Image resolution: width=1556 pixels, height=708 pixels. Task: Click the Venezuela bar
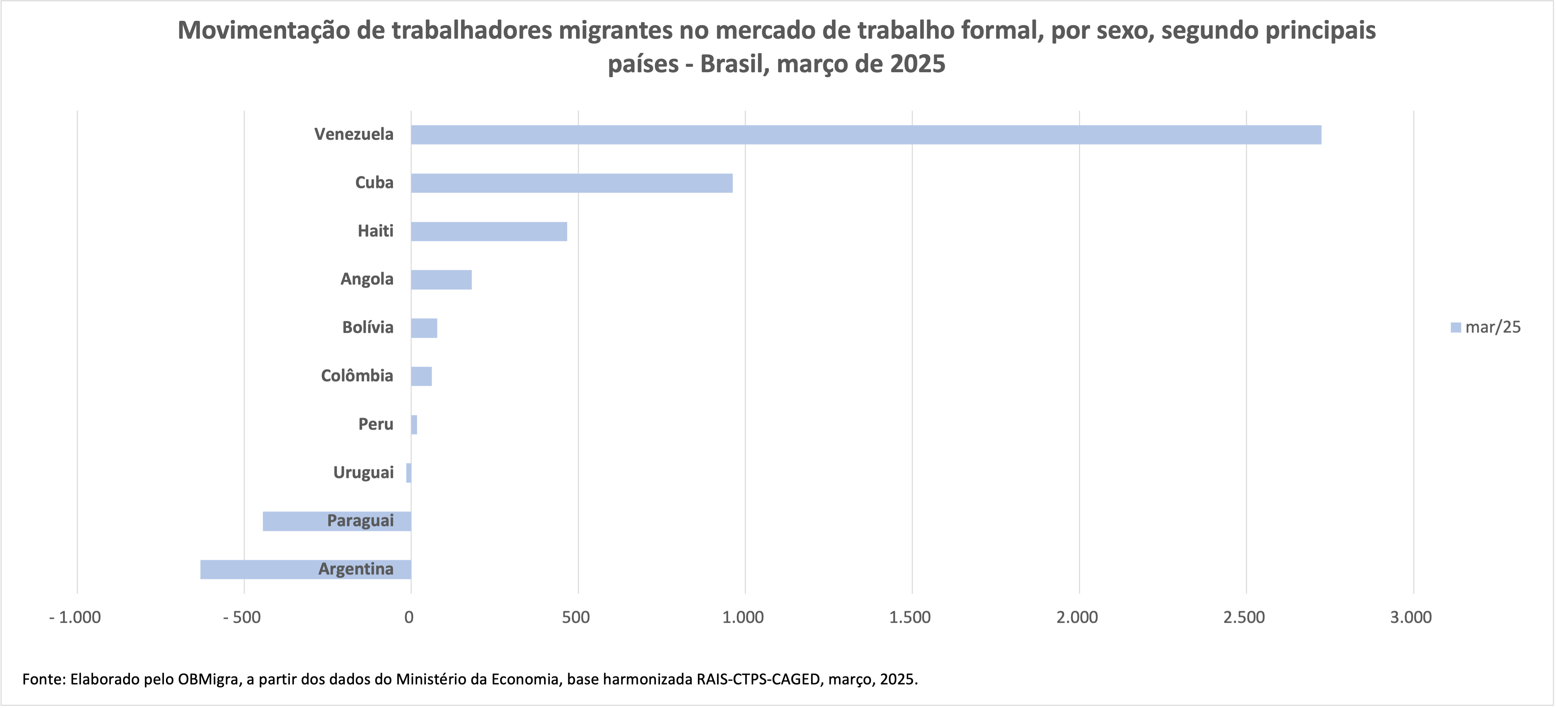865,135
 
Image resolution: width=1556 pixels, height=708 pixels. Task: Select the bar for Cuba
571,183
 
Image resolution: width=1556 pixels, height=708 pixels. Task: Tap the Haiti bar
489,231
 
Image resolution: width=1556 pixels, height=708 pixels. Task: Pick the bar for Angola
441,280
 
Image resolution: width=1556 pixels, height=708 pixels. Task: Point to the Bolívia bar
424,328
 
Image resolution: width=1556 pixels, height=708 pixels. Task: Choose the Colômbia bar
421,377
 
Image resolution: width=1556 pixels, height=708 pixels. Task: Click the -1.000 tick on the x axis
75,617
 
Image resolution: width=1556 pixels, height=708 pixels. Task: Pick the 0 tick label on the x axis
409,617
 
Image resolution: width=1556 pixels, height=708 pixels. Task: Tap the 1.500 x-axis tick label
910,617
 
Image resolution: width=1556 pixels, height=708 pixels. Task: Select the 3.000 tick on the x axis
1411,617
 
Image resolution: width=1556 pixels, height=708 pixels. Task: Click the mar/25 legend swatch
1456,327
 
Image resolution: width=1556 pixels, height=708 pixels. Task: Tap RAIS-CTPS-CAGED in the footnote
759,679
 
